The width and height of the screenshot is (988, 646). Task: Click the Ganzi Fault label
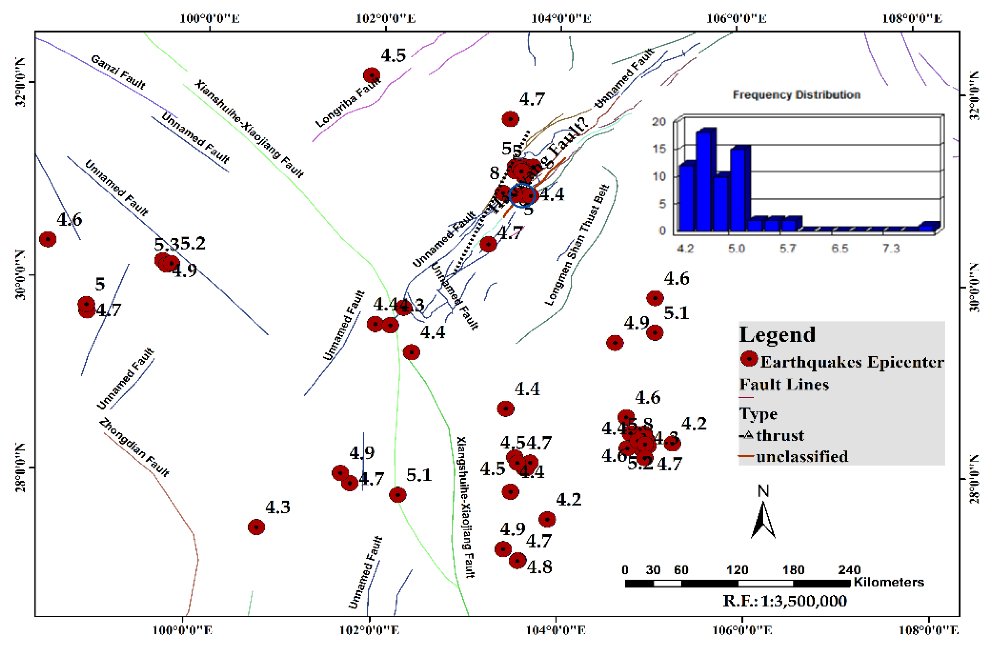click(118, 72)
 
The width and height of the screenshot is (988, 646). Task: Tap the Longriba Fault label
click(348, 102)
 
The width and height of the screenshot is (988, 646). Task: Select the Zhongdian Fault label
click(134, 447)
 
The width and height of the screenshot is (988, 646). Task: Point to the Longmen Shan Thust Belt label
click(577, 245)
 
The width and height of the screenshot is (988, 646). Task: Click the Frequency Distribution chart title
click(796, 95)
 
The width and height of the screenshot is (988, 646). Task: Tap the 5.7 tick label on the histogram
click(787, 249)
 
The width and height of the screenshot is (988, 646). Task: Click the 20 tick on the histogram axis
click(659, 122)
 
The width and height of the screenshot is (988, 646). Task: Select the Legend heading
click(777, 334)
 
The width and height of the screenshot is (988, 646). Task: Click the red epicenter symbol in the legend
click(749, 359)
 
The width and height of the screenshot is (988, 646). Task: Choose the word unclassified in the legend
click(802, 457)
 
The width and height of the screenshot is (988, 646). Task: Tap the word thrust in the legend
click(780, 435)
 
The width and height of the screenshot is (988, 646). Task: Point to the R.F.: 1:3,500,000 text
click(785, 601)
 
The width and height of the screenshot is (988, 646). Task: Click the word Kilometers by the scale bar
click(889, 582)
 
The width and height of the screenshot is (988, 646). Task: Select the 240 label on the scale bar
click(849, 570)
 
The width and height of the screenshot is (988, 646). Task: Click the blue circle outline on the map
click(522, 195)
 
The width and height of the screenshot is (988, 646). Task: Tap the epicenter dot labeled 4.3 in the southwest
click(256, 527)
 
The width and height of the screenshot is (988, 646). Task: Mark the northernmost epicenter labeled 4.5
click(372, 75)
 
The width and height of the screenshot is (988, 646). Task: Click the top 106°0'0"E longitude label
click(737, 19)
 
